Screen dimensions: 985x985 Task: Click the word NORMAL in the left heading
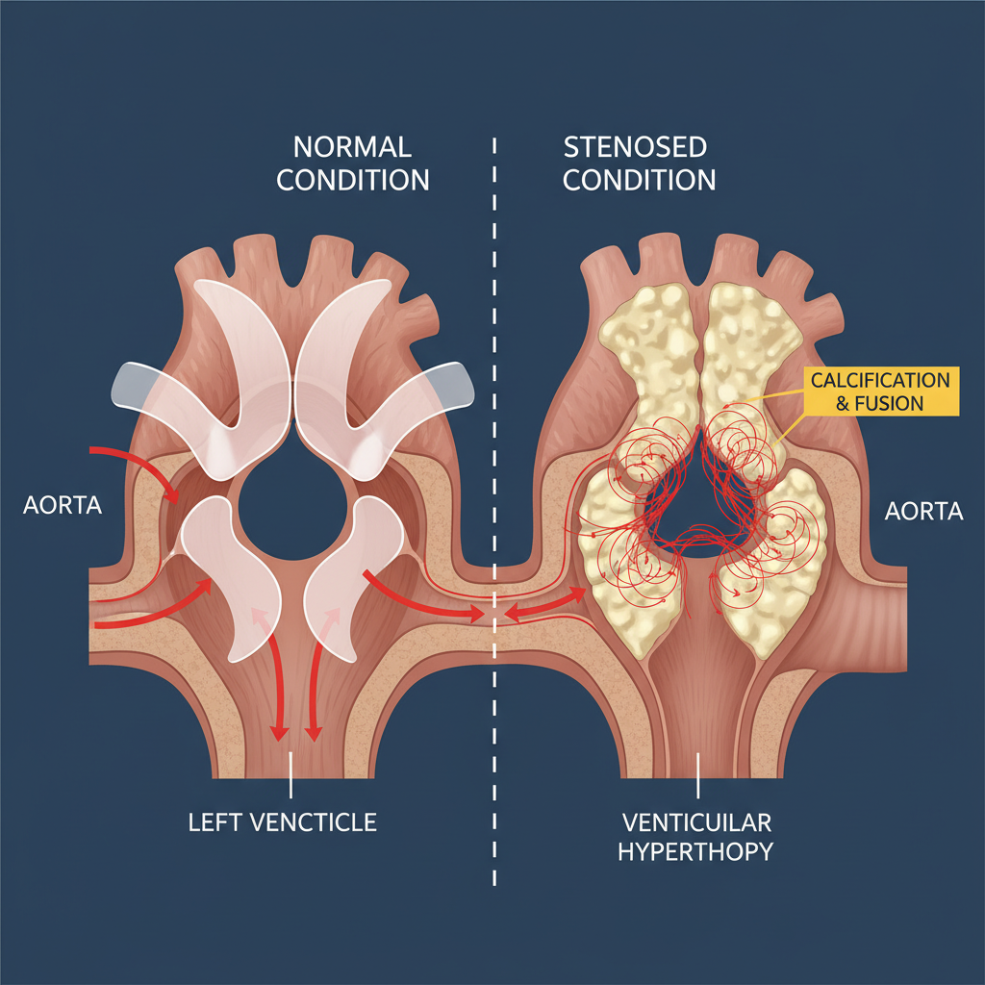pos(352,147)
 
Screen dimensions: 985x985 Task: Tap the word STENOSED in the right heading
pos(635,147)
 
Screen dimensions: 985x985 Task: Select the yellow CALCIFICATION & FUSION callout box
pos(879,391)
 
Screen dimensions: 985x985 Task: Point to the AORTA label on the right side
pos(922,511)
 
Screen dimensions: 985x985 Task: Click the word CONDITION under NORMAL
pos(352,179)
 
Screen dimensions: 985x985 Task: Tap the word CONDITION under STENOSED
pos(639,179)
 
